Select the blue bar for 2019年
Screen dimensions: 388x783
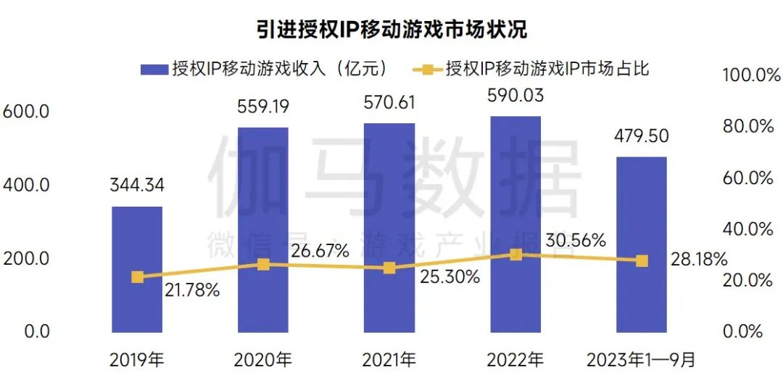(x=136, y=290)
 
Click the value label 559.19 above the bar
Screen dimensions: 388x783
(x=263, y=107)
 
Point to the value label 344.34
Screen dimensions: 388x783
(x=137, y=185)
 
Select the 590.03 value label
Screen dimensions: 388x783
(x=515, y=95)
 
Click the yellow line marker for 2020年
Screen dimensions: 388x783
(x=263, y=265)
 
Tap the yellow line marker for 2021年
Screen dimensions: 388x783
(x=389, y=268)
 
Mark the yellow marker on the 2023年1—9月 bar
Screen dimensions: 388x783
(x=642, y=260)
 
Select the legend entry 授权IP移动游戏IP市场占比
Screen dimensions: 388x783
(x=534, y=69)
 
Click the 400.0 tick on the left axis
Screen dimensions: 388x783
(x=26, y=185)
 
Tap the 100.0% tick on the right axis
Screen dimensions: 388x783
(x=747, y=75)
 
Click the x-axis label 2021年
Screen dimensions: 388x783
(x=389, y=359)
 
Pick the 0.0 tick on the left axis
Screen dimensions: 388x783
(x=26, y=331)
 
